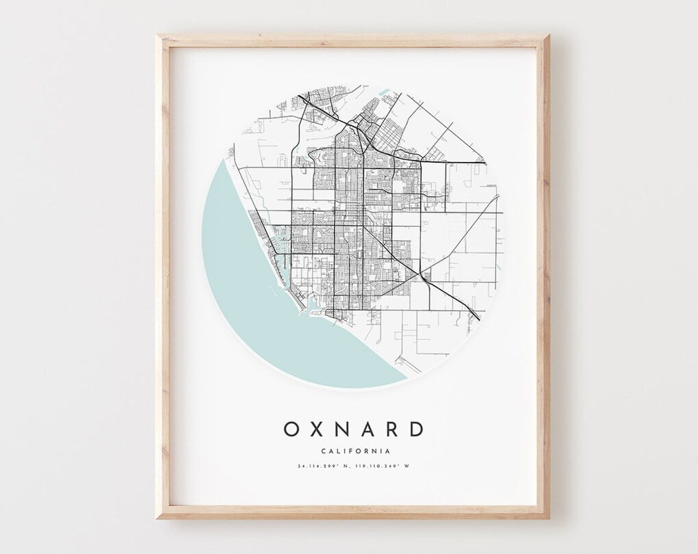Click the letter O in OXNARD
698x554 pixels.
[x=292, y=429]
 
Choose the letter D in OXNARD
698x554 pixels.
[x=416, y=429]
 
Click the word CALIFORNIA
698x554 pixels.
[x=355, y=451]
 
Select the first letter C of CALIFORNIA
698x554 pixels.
[x=322, y=451]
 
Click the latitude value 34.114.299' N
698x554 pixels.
[x=324, y=466]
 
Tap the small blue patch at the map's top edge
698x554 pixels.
[x=384, y=91]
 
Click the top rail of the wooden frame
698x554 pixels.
[x=352, y=40]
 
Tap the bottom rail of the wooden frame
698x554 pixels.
[x=352, y=512]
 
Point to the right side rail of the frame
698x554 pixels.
[x=543, y=274]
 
